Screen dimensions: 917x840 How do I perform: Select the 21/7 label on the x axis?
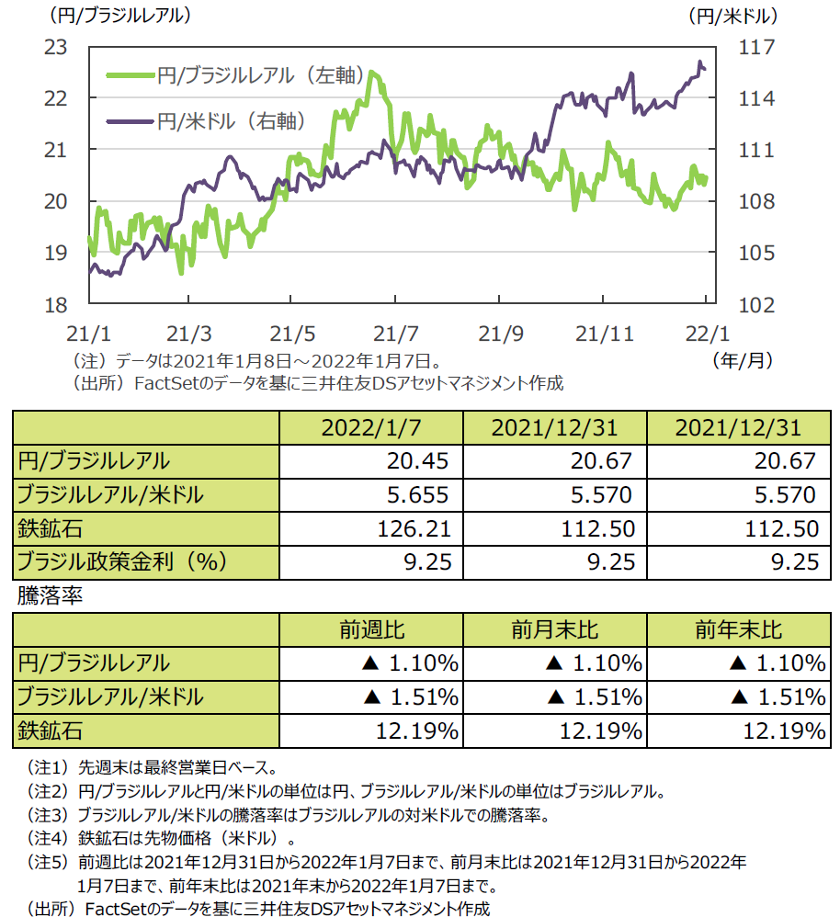[x=396, y=329]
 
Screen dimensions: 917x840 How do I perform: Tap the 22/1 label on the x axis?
[x=706, y=329]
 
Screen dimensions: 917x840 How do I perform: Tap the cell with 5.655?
[x=418, y=494]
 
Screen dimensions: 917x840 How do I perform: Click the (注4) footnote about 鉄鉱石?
[x=160, y=839]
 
